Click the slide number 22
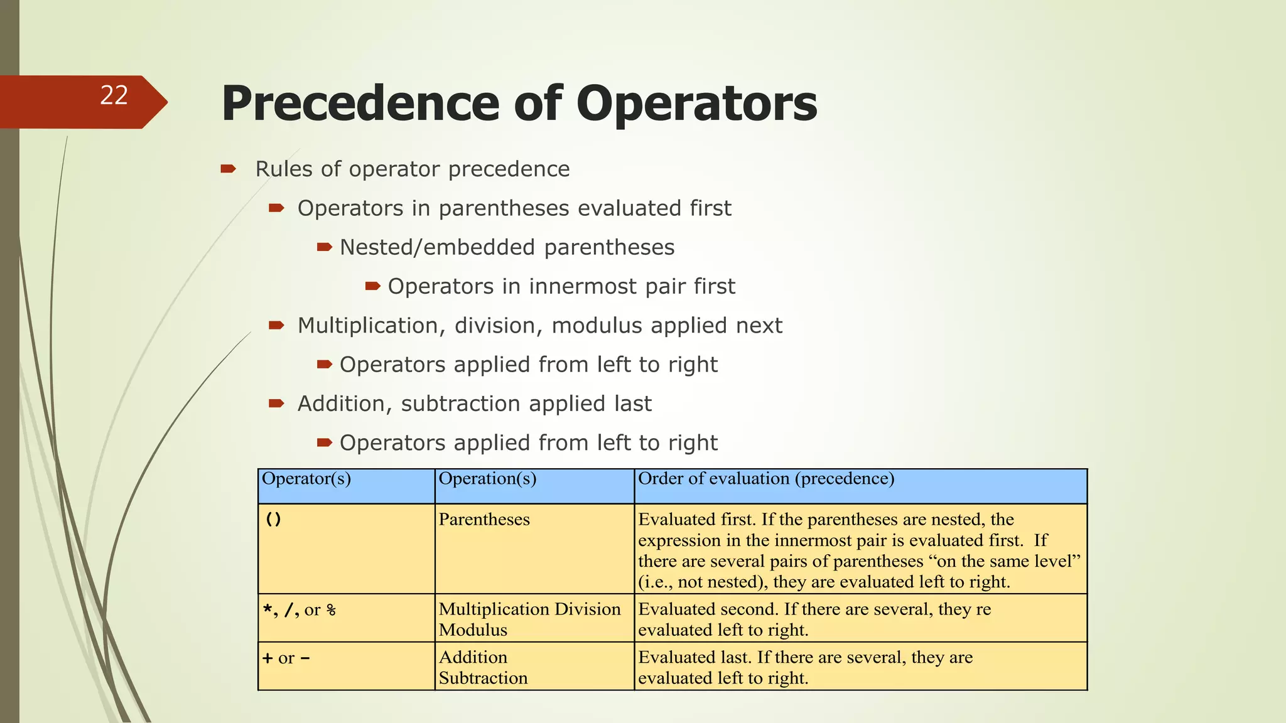[x=114, y=95]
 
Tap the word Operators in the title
[x=696, y=104]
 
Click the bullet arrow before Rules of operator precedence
[x=228, y=168]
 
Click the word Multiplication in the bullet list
[x=367, y=326]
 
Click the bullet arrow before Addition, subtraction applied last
[x=276, y=403]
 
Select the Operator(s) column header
[x=306, y=479]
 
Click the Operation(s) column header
[x=487, y=479]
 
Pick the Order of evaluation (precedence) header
[x=766, y=479]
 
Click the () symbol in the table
[x=273, y=520]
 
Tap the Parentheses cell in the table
[x=484, y=520]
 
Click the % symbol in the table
[x=331, y=610]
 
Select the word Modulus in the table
[x=473, y=630]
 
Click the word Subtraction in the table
[x=483, y=678]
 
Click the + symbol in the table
[x=267, y=658]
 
